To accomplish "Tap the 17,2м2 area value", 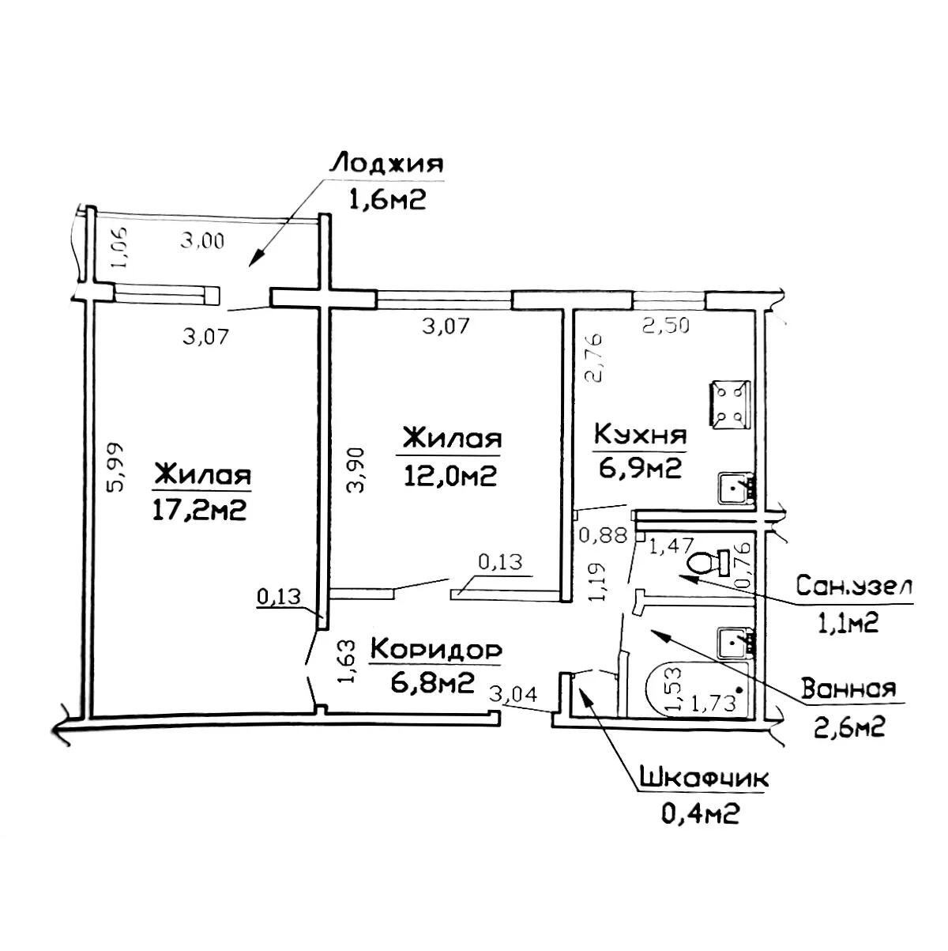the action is [x=199, y=511].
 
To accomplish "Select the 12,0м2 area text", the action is [x=450, y=476].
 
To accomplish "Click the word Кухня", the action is [x=640, y=436].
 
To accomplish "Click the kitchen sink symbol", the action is [x=735, y=489].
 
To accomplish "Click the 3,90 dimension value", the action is [x=355, y=470].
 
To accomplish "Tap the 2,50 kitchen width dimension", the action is [x=665, y=325].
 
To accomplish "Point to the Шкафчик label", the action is [x=703, y=779].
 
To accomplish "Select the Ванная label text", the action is [x=848, y=689].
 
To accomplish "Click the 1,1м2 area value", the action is [x=848, y=625].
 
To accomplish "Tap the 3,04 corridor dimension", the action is [x=513, y=694].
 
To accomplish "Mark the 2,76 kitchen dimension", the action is [x=594, y=358].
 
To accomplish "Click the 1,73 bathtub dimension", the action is [x=713, y=703].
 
